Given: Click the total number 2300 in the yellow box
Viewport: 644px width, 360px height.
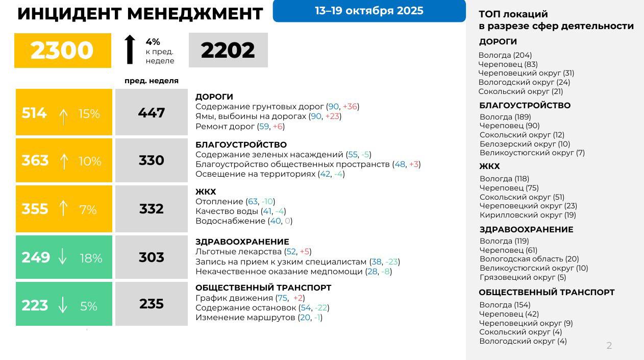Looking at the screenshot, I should (x=62, y=51).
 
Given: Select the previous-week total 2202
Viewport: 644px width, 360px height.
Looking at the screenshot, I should (x=228, y=50).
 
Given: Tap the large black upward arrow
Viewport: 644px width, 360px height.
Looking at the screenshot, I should (x=130, y=50).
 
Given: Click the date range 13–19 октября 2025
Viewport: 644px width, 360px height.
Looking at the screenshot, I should (x=369, y=11).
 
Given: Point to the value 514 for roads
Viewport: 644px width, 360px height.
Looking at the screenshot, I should (x=34, y=113).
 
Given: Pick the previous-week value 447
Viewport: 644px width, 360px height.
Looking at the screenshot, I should (x=152, y=113).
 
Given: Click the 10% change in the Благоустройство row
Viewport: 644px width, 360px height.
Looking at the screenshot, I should (x=90, y=161).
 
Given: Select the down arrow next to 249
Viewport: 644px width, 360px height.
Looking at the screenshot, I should (x=63, y=258).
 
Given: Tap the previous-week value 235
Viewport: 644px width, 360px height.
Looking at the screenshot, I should (x=152, y=304).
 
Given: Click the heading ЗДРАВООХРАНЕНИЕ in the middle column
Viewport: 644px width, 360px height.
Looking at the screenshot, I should (x=242, y=242).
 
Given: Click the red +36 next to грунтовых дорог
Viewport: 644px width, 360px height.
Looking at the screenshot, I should (x=350, y=106).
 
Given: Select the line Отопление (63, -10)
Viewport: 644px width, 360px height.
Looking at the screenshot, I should (x=235, y=202).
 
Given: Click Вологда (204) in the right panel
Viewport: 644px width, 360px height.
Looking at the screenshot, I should (x=505, y=55).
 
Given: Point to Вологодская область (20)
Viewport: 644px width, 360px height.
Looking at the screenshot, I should (x=529, y=259).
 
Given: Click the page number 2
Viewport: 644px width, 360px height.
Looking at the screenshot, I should (x=609, y=346).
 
